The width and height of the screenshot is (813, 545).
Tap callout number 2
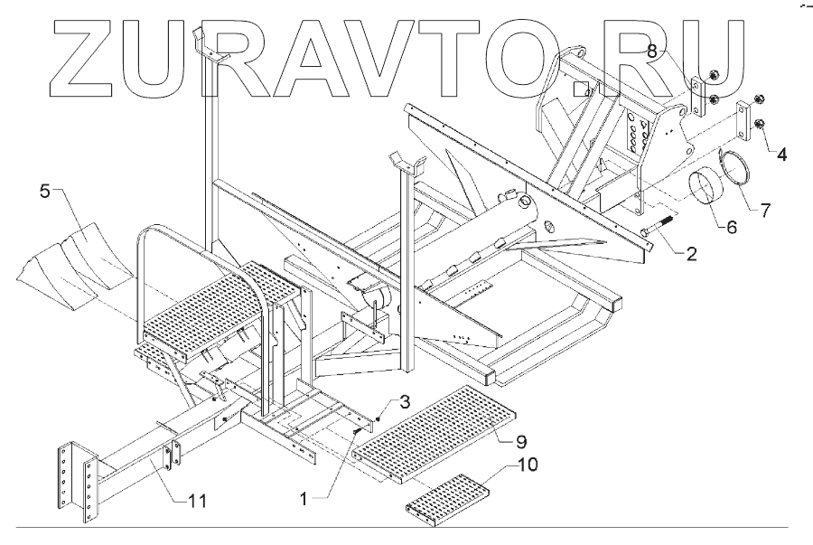(690, 254)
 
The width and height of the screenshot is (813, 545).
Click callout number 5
(45, 191)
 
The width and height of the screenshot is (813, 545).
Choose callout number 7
(764, 210)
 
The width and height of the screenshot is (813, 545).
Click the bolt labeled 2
(658, 225)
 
